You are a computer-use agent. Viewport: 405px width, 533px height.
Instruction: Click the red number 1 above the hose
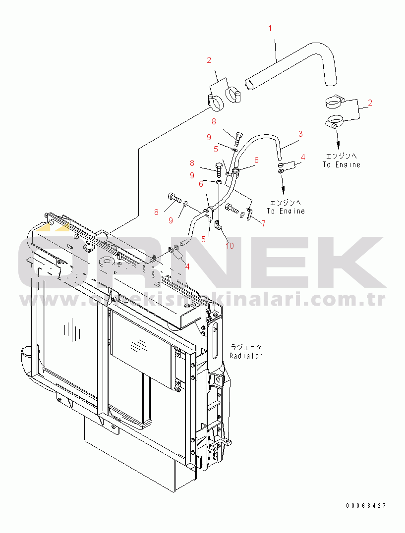pyautogui.click(x=270, y=28)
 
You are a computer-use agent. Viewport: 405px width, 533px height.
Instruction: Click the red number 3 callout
pyautogui.click(x=300, y=134)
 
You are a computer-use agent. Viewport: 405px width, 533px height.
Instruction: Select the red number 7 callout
pyautogui.click(x=263, y=223)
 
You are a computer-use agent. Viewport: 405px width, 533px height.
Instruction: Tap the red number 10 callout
pyautogui.click(x=230, y=245)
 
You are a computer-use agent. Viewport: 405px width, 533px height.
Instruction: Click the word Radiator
pyautogui.click(x=246, y=356)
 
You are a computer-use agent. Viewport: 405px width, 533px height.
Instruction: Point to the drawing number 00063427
pyautogui.click(x=366, y=506)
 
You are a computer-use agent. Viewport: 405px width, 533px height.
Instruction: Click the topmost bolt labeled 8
pyautogui.click(x=239, y=135)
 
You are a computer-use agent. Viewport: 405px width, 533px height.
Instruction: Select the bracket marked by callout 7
pyautogui.click(x=249, y=214)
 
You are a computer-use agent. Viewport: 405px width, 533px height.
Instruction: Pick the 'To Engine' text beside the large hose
pyautogui.click(x=342, y=164)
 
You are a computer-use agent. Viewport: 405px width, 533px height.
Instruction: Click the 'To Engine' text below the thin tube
pyautogui.click(x=286, y=211)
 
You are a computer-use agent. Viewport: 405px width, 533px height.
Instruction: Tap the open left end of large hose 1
pyautogui.click(x=248, y=84)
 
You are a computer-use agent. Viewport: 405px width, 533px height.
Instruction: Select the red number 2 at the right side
pyautogui.click(x=370, y=103)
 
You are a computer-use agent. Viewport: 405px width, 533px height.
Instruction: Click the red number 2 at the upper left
pyautogui.click(x=209, y=60)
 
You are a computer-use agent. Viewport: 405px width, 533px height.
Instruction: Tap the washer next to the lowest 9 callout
pyautogui.click(x=185, y=203)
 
